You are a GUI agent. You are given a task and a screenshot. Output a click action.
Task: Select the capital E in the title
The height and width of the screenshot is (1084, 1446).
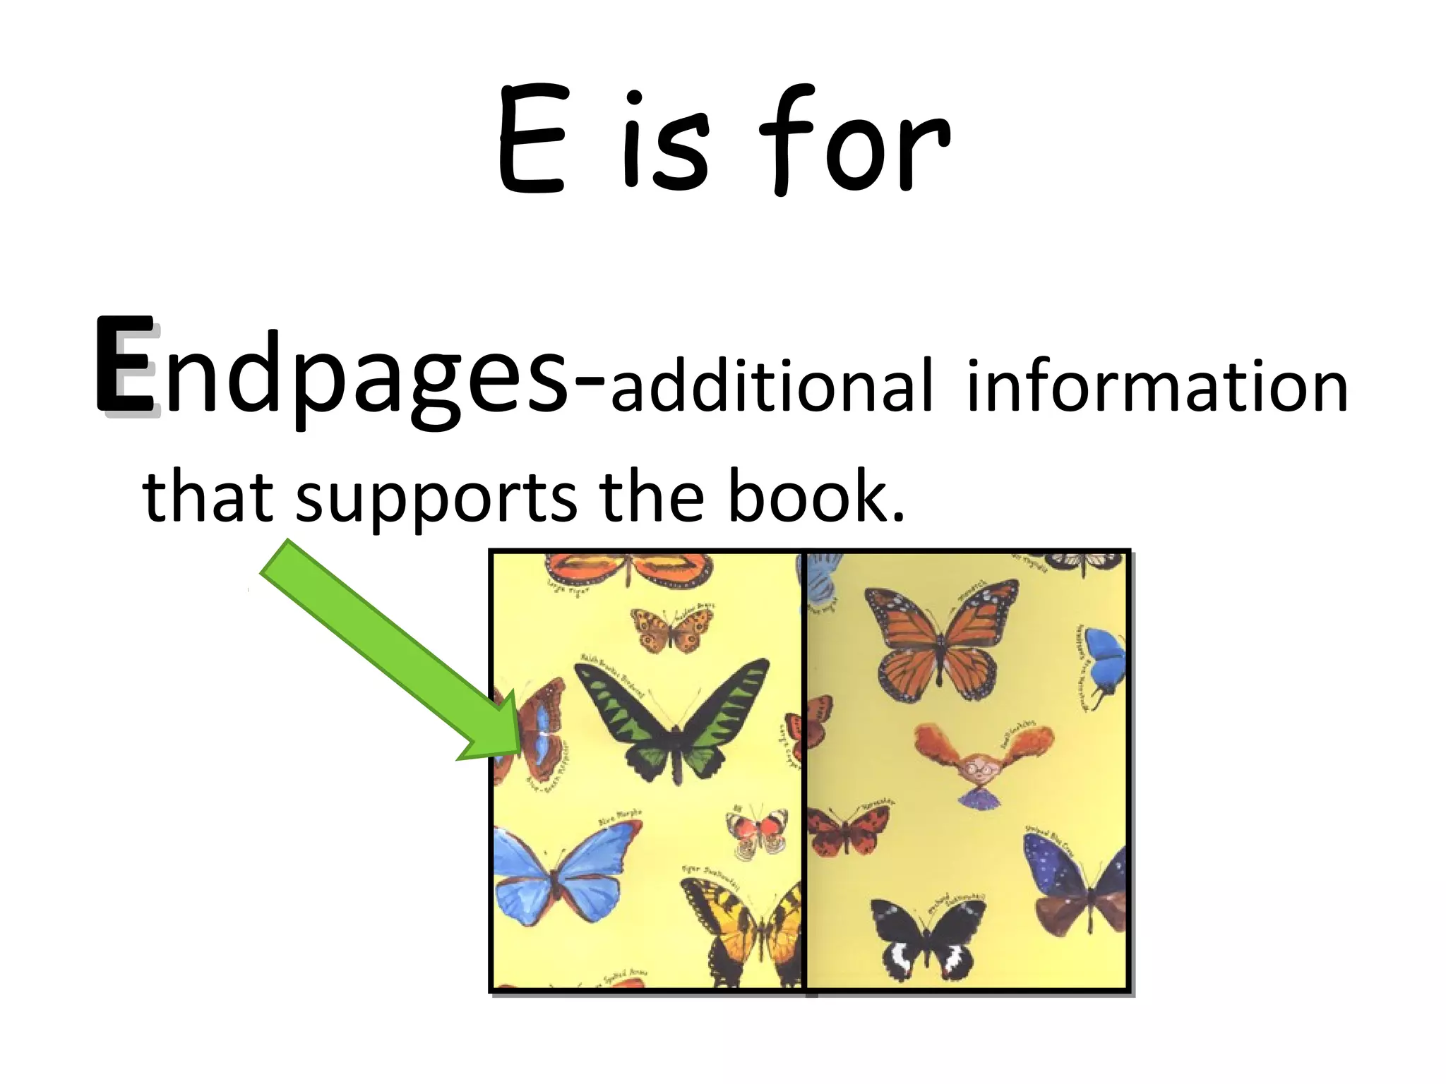coord(531,141)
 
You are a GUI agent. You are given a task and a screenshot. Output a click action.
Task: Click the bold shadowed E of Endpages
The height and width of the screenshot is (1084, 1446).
coord(126,365)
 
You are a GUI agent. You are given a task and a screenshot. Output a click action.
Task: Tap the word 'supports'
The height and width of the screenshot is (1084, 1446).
coord(436,498)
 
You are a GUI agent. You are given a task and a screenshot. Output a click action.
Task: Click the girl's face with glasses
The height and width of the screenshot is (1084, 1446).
coord(981,769)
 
